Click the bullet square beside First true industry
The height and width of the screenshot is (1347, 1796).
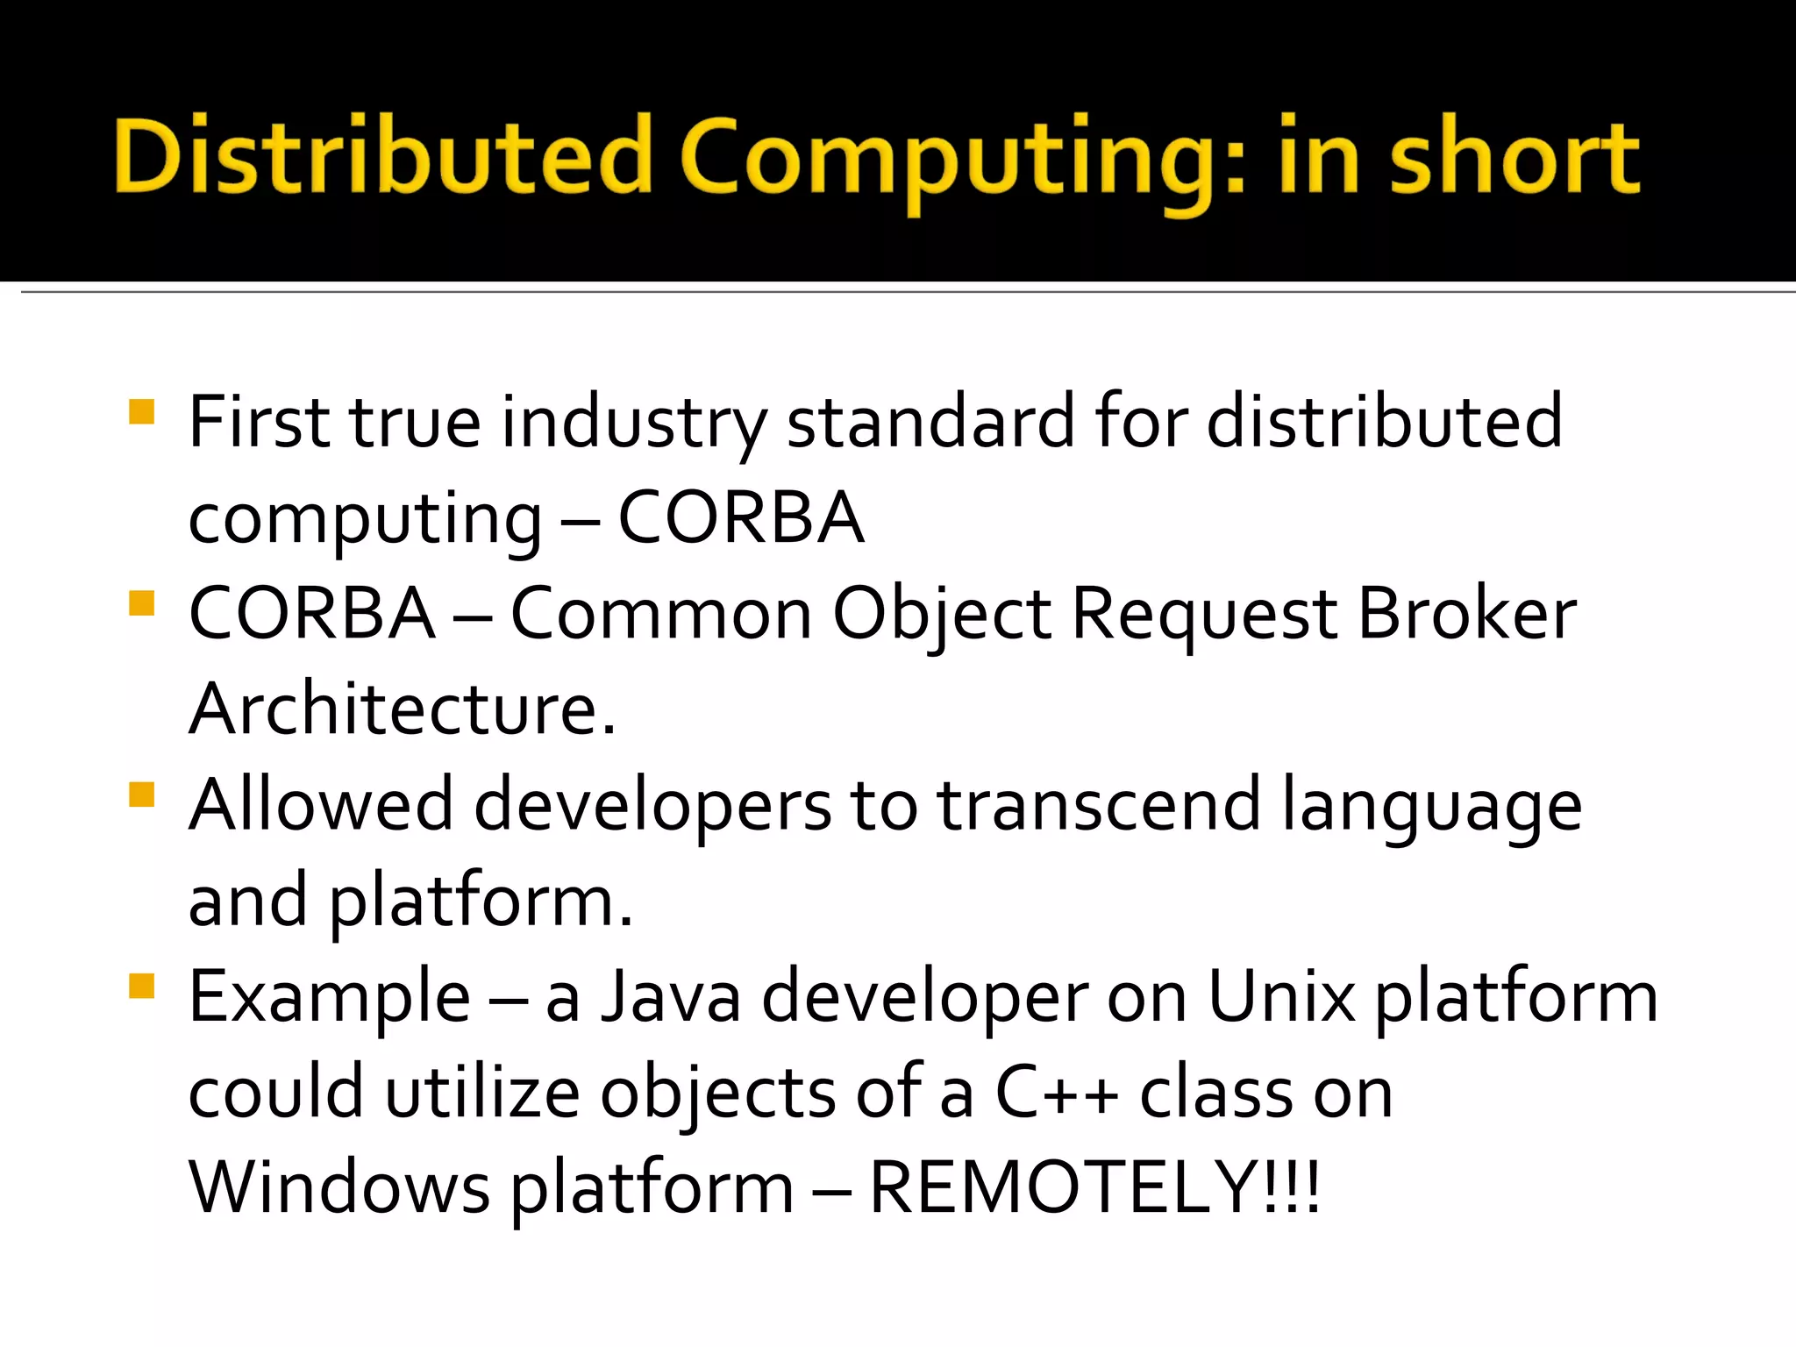(141, 412)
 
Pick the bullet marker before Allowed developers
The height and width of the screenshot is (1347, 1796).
(141, 795)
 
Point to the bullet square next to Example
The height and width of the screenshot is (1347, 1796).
(141, 987)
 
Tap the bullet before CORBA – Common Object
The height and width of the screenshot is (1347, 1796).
(141, 603)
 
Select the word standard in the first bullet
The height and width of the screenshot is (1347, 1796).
(930, 423)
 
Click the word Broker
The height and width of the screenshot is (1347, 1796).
(1466, 614)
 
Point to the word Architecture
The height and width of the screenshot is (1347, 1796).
(402, 709)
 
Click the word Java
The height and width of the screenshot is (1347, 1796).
(671, 997)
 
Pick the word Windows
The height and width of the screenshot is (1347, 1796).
(339, 1187)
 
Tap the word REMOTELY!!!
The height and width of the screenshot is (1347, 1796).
(1094, 1187)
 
